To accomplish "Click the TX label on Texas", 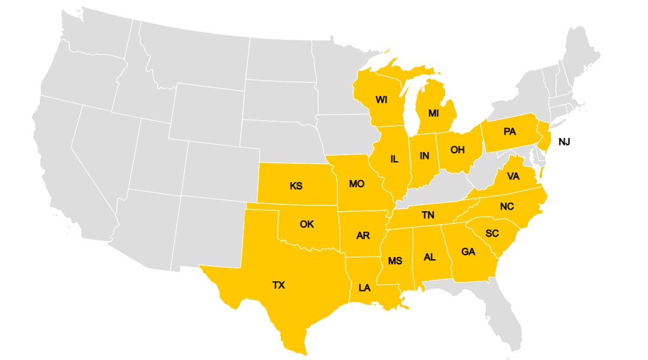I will click(279, 285).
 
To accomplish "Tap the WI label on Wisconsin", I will click(382, 100).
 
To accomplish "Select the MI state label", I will click(433, 113).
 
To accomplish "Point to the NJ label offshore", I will click(564, 142).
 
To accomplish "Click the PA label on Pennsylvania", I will click(510, 131).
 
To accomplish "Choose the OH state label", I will click(457, 150).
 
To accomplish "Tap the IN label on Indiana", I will click(425, 156).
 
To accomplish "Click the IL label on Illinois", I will click(394, 159).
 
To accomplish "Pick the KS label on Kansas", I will click(296, 186).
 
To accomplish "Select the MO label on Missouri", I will click(356, 184).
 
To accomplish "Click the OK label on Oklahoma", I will click(307, 224).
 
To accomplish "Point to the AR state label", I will click(363, 236).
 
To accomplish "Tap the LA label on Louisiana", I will click(364, 288).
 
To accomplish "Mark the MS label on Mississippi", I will click(395, 261).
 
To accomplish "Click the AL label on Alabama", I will click(430, 257).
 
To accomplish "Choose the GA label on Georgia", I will click(468, 252).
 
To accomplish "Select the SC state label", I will click(492, 233).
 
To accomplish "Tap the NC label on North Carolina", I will click(507, 206).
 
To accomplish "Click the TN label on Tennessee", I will click(428, 215).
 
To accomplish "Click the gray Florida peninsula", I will click(504, 313).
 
